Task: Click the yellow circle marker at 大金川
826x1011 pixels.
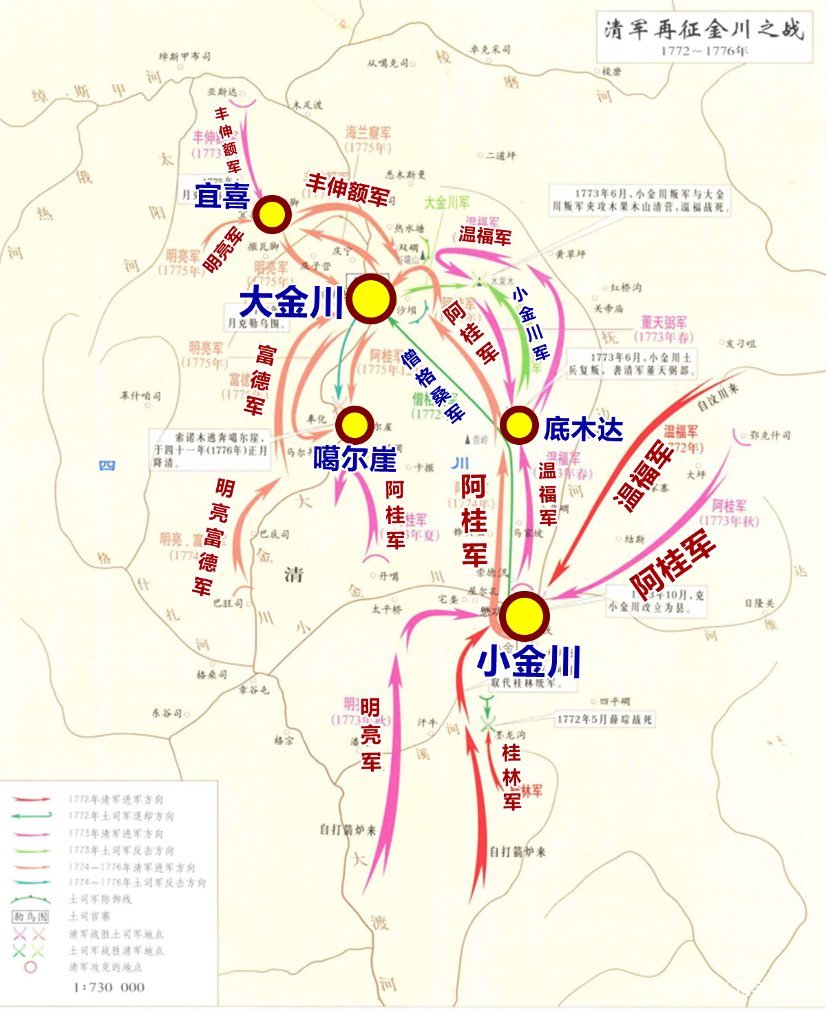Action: [x=371, y=299]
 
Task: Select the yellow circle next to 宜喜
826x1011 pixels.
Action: [x=272, y=214]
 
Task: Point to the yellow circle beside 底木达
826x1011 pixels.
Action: [x=518, y=426]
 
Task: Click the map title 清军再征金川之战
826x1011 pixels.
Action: [x=703, y=30]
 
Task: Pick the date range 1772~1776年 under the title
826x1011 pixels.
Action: [x=703, y=51]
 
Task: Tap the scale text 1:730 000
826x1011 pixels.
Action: [x=109, y=987]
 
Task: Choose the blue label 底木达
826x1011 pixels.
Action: [x=583, y=429]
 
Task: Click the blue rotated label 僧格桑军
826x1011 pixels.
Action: [x=433, y=386]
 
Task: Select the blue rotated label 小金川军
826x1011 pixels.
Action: [x=531, y=324]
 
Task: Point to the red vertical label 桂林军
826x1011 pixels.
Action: [x=511, y=777]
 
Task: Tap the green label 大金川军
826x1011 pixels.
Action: [x=447, y=202]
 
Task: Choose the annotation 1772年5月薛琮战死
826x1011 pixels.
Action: [x=604, y=719]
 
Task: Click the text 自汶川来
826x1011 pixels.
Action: [x=717, y=397]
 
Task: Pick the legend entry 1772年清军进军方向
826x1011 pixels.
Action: [x=116, y=799]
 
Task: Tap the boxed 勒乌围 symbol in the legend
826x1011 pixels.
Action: [x=30, y=916]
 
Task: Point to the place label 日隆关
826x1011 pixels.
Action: [x=759, y=603]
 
